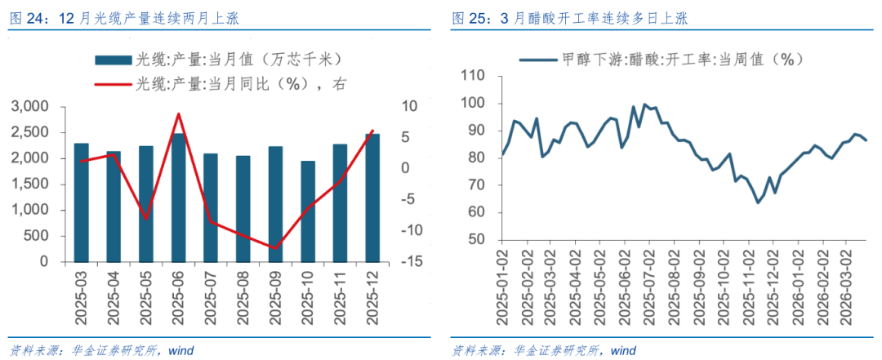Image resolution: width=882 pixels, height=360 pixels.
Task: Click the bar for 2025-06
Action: [179, 198]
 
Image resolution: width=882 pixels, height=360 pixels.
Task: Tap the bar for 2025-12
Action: [372, 198]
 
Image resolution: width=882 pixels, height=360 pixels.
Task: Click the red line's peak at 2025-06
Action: [179, 114]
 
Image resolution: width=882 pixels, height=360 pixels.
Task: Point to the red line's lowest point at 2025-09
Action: [276, 248]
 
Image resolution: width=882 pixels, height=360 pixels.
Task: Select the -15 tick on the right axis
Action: [410, 262]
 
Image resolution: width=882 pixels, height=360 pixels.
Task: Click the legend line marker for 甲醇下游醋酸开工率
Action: [537, 60]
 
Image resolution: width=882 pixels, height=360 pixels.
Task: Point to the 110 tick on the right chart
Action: [473, 76]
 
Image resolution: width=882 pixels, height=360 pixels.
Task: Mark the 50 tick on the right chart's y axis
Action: [477, 240]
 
